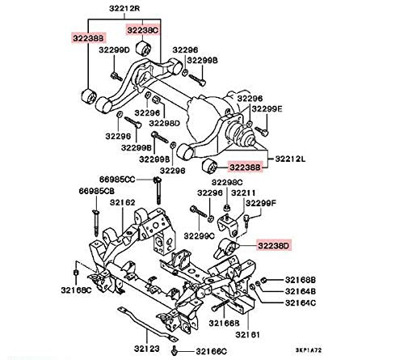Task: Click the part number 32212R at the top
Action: (124, 8)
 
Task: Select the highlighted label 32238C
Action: (143, 30)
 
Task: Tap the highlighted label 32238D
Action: (273, 246)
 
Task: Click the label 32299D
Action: (114, 50)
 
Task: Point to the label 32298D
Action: (165, 123)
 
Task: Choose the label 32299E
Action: (267, 108)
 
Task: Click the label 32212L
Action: (290, 159)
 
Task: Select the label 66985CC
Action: (117, 180)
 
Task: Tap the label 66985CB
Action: (96, 191)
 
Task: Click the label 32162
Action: (122, 202)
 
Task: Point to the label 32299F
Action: (261, 203)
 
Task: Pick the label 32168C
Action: (76, 290)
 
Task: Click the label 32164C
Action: (301, 303)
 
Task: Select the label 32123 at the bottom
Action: (147, 349)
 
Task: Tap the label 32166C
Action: (212, 351)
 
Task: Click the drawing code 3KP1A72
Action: (309, 350)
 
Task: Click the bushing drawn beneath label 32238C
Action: (144, 49)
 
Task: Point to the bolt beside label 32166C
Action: (174, 350)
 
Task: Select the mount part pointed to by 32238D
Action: (226, 248)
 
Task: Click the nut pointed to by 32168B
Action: (264, 281)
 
